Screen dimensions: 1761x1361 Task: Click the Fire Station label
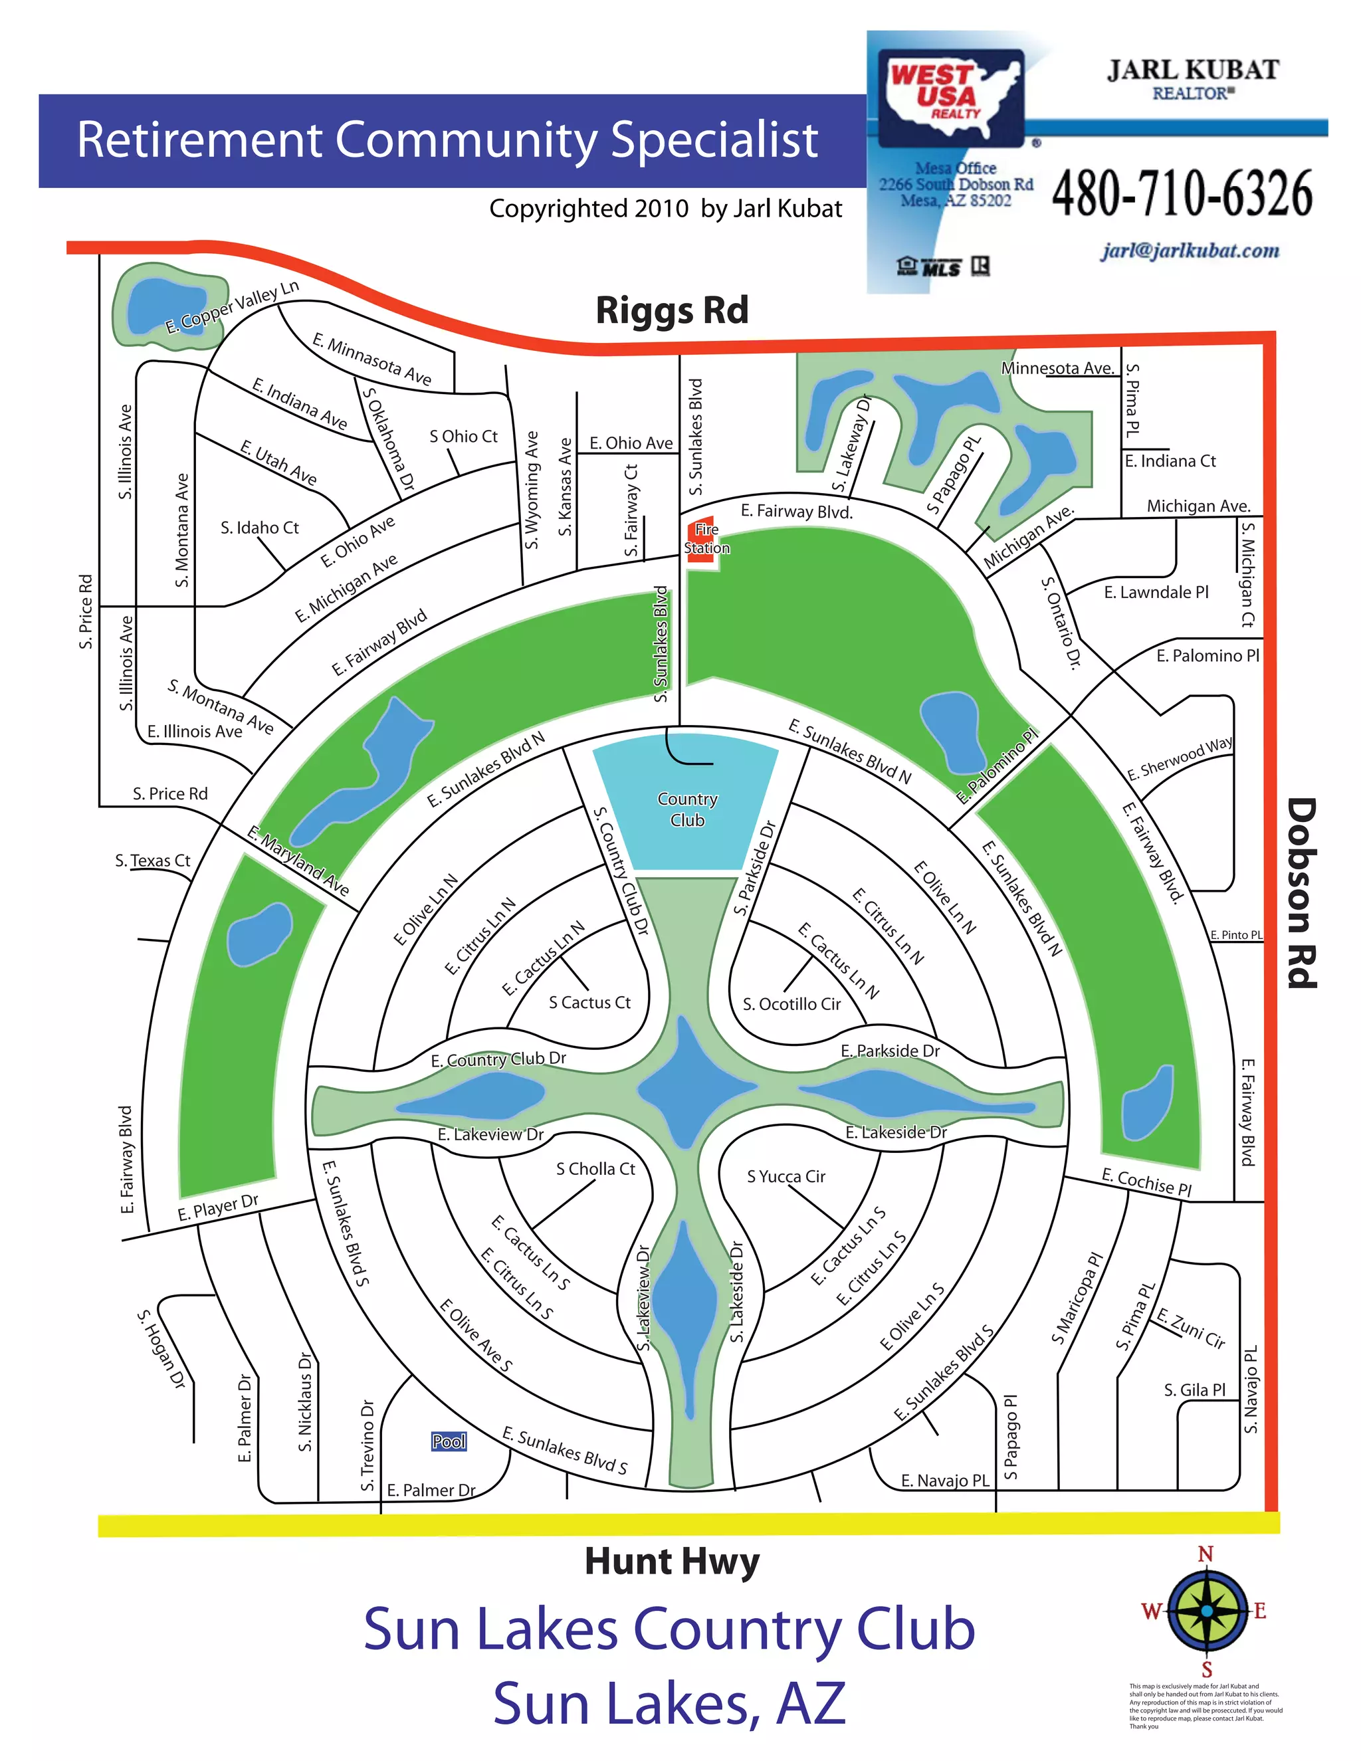pos(706,539)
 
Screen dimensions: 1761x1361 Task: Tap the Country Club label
pos(687,809)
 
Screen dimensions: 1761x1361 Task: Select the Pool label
pos(449,1441)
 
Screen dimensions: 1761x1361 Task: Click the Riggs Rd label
pos(672,310)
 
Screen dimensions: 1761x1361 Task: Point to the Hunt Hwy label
pos(672,1561)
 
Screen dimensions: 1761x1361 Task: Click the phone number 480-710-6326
pos(1182,193)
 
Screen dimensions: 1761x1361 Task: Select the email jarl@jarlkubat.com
pos(1190,251)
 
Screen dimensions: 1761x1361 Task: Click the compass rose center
pos(1206,1610)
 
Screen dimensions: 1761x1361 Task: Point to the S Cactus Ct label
pos(589,1002)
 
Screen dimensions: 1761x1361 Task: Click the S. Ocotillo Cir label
pos(791,1004)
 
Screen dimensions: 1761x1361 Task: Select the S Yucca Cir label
pos(786,1176)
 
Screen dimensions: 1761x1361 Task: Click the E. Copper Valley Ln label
pos(232,306)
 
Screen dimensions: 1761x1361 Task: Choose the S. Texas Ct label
pos(152,861)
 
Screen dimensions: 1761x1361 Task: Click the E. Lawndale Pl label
pos(1156,592)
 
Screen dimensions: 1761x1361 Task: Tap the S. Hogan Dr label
pos(161,1348)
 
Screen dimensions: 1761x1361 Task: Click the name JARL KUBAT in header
pos(1192,70)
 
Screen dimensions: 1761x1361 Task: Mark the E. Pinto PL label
pos(1236,934)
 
